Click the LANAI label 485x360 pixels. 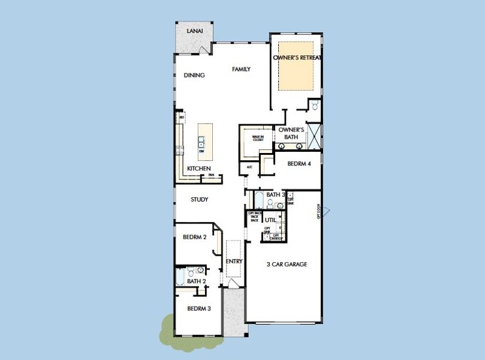click(x=194, y=31)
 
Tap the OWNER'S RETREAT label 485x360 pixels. click(x=297, y=58)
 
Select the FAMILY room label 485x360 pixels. click(x=241, y=70)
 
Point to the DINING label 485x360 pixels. click(x=194, y=76)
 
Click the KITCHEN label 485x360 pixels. click(x=198, y=169)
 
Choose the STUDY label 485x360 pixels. click(x=200, y=200)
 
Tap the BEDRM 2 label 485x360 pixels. click(x=194, y=238)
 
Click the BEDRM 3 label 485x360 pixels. click(x=199, y=309)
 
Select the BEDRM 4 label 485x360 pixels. click(x=299, y=164)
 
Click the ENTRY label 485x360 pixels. click(x=234, y=261)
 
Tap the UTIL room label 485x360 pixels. click(x=270, y=220)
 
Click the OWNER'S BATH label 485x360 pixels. click(x=291, y=133)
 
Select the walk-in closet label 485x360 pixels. click(x=258, y=138)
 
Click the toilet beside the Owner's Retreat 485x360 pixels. click(x=314, y=105)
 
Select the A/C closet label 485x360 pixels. click(x=249, y=167)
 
